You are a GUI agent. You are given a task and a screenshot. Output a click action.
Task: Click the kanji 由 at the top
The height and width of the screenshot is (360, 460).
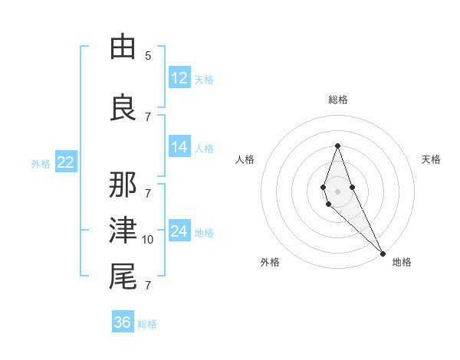click(123, 48)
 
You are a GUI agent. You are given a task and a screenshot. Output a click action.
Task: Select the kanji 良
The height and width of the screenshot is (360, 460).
click(123, 107)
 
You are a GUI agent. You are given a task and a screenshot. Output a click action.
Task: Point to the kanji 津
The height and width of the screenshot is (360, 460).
click(123, 231)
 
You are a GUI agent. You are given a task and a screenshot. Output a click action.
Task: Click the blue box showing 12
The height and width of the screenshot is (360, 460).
click(179, 77)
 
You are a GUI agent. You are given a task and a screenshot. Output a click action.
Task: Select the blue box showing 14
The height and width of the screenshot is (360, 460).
click(179, 148)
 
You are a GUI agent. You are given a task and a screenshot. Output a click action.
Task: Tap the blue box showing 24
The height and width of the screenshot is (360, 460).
click(179, 231)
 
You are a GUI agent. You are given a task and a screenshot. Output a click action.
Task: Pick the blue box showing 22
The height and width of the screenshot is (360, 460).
click(65, 162)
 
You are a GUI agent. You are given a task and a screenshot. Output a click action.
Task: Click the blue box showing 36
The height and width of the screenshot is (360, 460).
click(123, 322)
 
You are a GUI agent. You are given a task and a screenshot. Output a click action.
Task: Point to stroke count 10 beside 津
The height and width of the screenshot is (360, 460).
click(148, 240)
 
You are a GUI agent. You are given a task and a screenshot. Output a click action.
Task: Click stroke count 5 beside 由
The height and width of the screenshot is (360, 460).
click(148, 56)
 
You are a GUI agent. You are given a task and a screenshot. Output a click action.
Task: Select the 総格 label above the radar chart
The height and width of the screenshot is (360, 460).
click(338, 100)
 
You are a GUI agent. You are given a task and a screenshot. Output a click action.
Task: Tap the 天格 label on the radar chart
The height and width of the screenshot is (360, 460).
click(431, 159)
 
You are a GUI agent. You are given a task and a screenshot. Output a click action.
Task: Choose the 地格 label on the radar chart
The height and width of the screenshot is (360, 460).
click(402, 262)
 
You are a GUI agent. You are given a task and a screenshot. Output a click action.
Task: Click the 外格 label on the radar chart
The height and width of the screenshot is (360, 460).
click(270, 262)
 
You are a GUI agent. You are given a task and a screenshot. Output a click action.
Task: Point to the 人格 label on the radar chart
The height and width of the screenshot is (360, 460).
click(245, 159)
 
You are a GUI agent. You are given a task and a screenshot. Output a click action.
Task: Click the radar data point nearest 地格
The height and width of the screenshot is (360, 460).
click(382, 253)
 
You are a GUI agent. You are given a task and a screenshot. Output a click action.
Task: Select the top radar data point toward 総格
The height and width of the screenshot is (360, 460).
click(337, 146)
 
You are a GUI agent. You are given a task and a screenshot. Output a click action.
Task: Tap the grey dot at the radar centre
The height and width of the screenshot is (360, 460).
click(337, 191)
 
